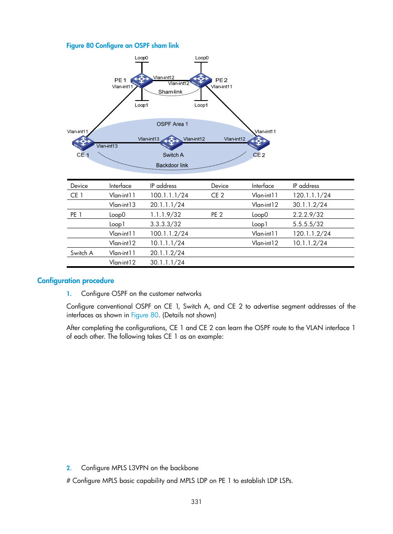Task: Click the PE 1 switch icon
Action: (x=141, y=80)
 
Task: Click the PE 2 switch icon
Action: (x=201, y=80)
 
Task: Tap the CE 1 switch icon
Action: (x=83, y=143)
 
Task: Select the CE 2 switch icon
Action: (x=259, y=143)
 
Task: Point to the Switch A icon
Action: (x=171, y=143)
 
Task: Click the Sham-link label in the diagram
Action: (x=170, y=92)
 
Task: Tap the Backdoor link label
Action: (x=172, y=165)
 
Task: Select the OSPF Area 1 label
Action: (x=172, y=124)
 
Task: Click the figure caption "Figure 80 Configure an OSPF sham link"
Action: (x=123, y=45)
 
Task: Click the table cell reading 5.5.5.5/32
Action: (x=308, y=224)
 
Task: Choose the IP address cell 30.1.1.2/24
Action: (x=310, y=205)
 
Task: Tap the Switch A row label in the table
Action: (x=82, y=253)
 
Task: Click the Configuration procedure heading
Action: (x=75, y=281)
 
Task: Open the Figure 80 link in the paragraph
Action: (x=145, y=315)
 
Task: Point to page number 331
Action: (x=196, y=501)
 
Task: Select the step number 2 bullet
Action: (x=69, y=468)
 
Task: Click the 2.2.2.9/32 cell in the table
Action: (x=308, y=215)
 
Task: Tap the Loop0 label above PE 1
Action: (x=141, y=58)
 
